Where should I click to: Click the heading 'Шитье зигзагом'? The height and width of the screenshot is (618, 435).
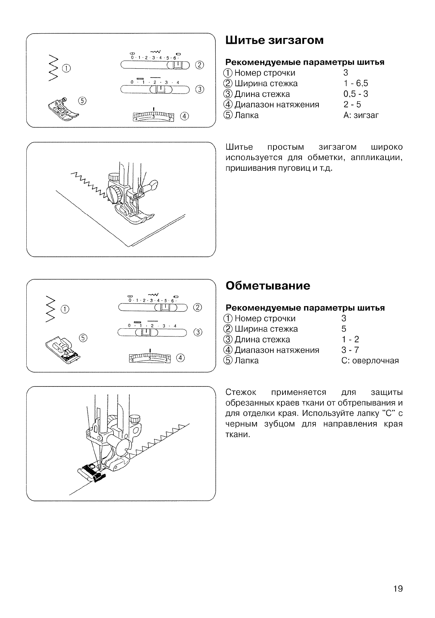[274, 40]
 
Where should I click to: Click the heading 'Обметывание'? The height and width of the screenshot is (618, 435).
[268, 286]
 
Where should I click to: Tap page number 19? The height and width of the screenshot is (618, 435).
[398, 589]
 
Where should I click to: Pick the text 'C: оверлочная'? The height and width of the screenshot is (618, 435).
[370, 361]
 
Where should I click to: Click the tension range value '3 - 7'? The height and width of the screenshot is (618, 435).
[350, 350]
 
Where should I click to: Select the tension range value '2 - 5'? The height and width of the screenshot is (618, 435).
[352, 105]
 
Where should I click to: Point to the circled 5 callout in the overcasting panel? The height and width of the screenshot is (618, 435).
[83, 338]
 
